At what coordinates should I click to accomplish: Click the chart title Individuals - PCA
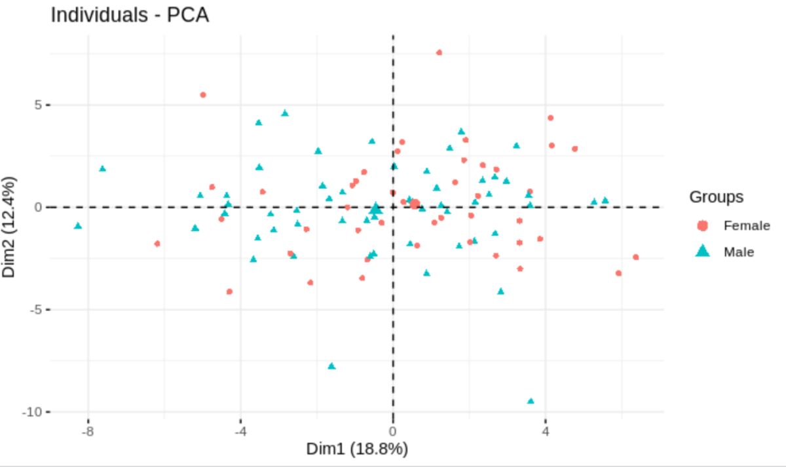130,14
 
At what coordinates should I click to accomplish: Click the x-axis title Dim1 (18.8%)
357,449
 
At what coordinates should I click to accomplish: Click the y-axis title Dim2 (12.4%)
9,226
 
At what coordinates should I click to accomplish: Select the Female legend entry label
746,225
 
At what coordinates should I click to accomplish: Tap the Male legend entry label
739,252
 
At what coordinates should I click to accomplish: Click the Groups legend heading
716,196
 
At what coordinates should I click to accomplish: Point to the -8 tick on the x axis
87,431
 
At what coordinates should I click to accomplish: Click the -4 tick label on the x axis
240,431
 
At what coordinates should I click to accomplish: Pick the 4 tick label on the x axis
546,431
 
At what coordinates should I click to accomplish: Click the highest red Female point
439,52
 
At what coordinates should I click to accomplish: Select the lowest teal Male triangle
531,401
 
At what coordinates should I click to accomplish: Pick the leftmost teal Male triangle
78,225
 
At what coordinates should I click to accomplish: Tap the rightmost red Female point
635,257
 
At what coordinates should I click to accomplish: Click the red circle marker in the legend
703,225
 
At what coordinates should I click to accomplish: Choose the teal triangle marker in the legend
703,251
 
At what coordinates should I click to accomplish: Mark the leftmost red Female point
157,244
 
